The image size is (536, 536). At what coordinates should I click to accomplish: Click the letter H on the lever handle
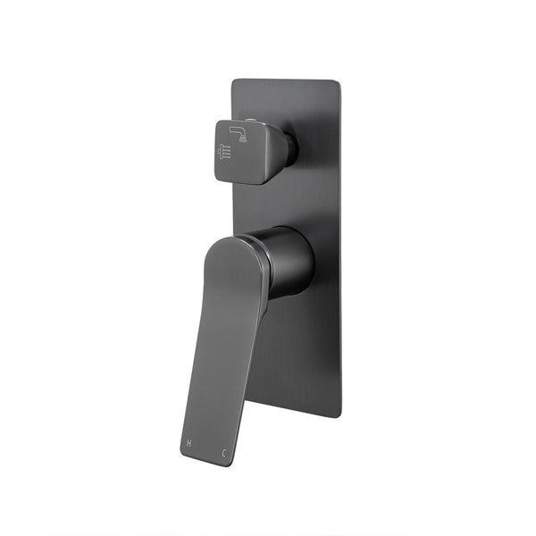click(189, 443)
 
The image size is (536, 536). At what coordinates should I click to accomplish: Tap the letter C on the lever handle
click(223, 453)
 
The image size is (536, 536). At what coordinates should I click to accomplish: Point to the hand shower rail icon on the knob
click(223, 153)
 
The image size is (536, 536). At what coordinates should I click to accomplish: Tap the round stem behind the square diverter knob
click(291, 149)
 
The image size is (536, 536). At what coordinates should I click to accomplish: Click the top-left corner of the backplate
click(234, 81)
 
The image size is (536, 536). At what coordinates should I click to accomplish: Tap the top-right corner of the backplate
click(337, 84)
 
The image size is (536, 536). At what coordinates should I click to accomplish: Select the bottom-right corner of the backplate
click(339, 415)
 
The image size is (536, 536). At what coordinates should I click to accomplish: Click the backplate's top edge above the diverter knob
click(268, 81)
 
